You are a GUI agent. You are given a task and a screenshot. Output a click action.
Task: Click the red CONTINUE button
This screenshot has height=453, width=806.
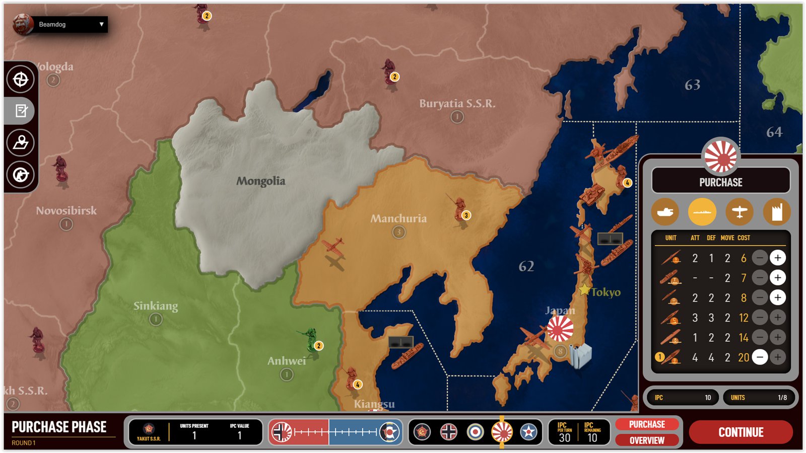tap(741, 432)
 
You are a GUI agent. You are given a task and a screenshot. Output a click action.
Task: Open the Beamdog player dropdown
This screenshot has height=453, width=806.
tap(101, 24)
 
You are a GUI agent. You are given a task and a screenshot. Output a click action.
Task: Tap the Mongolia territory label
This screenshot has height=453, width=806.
tap(260, 181)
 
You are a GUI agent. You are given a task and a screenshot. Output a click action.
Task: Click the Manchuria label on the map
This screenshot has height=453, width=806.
tap(398, 218)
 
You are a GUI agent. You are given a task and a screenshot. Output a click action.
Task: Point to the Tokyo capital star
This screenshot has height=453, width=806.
tap(584, 290)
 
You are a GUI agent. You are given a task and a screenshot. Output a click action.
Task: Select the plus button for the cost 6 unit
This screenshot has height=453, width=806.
tap(777, 258)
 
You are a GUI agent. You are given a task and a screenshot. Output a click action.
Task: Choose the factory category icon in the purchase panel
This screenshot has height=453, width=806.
tap(776, 212)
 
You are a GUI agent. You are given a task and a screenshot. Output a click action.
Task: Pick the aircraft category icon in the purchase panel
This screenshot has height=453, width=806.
tap(739, 212)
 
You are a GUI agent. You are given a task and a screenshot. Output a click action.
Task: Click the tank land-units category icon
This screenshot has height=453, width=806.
tap(665, 212)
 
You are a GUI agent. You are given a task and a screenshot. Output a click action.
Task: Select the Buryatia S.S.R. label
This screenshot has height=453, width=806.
tap(457, 104)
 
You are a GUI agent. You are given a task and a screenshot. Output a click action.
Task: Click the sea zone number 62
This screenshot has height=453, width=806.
tap(526, 266)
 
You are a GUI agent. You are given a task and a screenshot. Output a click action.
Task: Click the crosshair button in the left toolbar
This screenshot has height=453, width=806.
tap(20, 79)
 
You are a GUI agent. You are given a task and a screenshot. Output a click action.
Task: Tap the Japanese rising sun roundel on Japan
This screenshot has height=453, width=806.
tap(560, 329)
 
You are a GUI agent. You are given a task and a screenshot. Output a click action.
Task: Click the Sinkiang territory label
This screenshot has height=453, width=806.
tap(155, 306)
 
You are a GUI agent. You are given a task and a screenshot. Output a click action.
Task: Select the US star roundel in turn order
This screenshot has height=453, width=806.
tap(528, 432)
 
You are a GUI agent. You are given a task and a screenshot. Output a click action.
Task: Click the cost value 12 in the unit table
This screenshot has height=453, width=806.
tap(743, 318)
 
